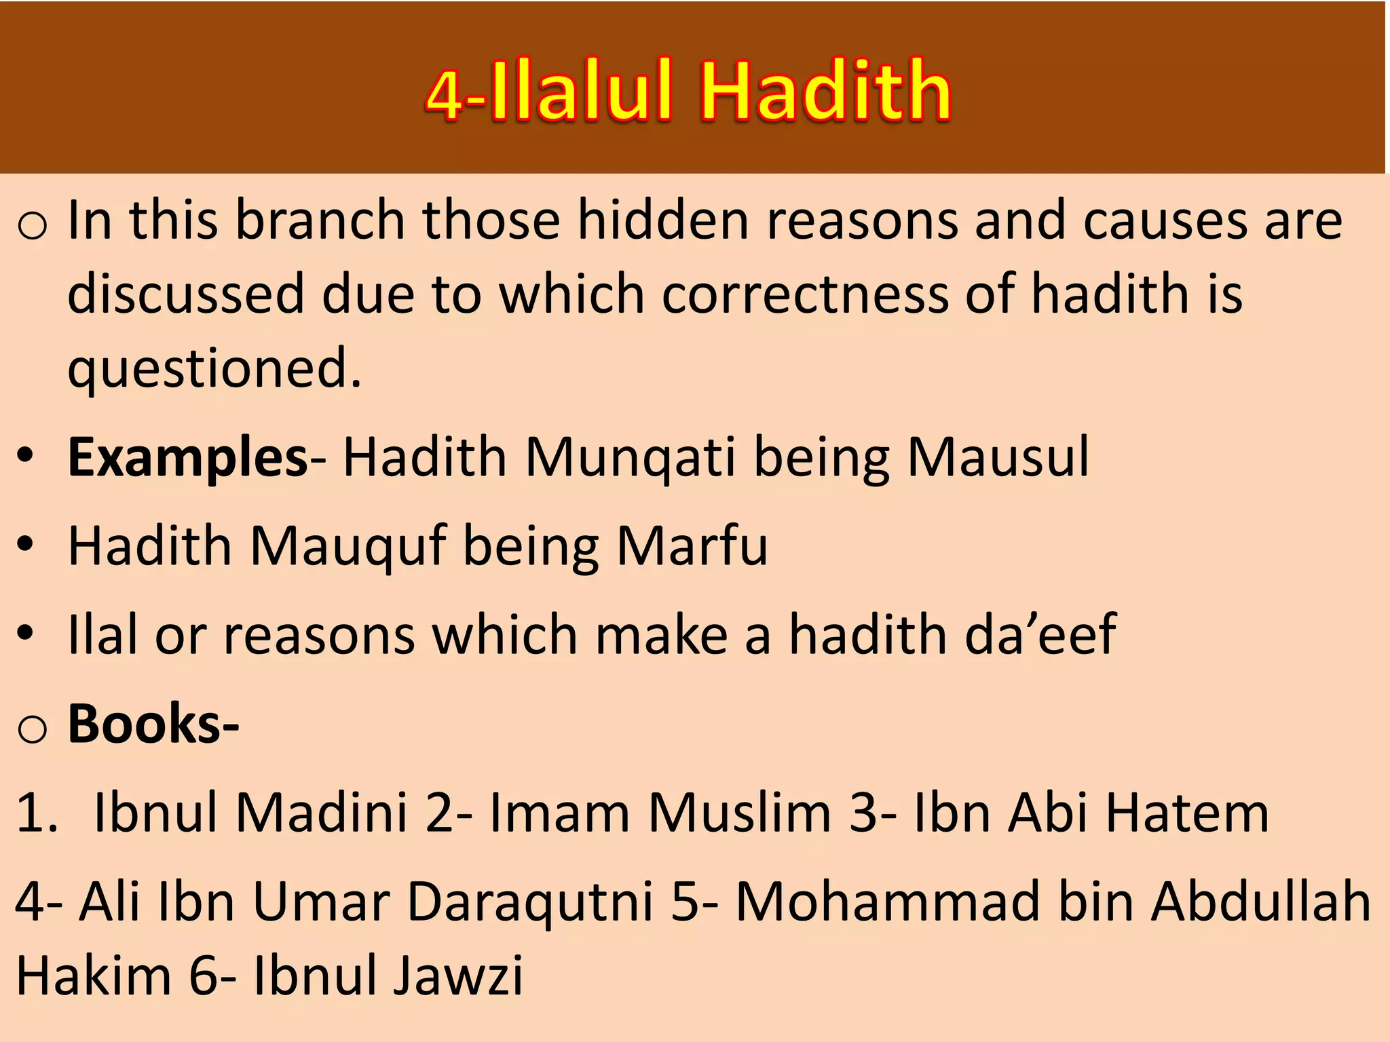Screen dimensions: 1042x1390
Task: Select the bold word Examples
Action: (188, 457)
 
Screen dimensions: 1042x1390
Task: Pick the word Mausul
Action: (998, 457)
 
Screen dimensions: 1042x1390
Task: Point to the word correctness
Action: (805, 294)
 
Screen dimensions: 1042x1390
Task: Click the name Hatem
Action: (1187, 813)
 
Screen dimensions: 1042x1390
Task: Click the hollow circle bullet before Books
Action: (32, 729)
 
